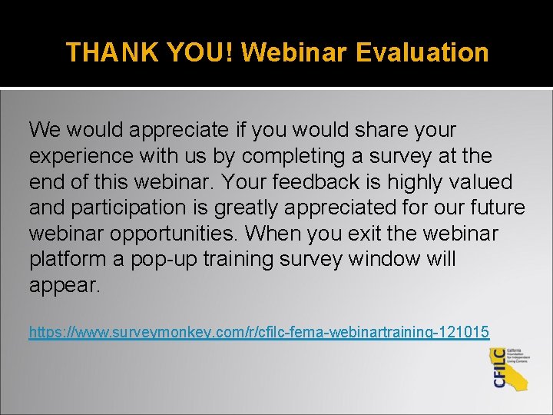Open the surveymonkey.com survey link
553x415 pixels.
259,332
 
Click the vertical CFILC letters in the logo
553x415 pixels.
500,368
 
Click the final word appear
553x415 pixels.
65,286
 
